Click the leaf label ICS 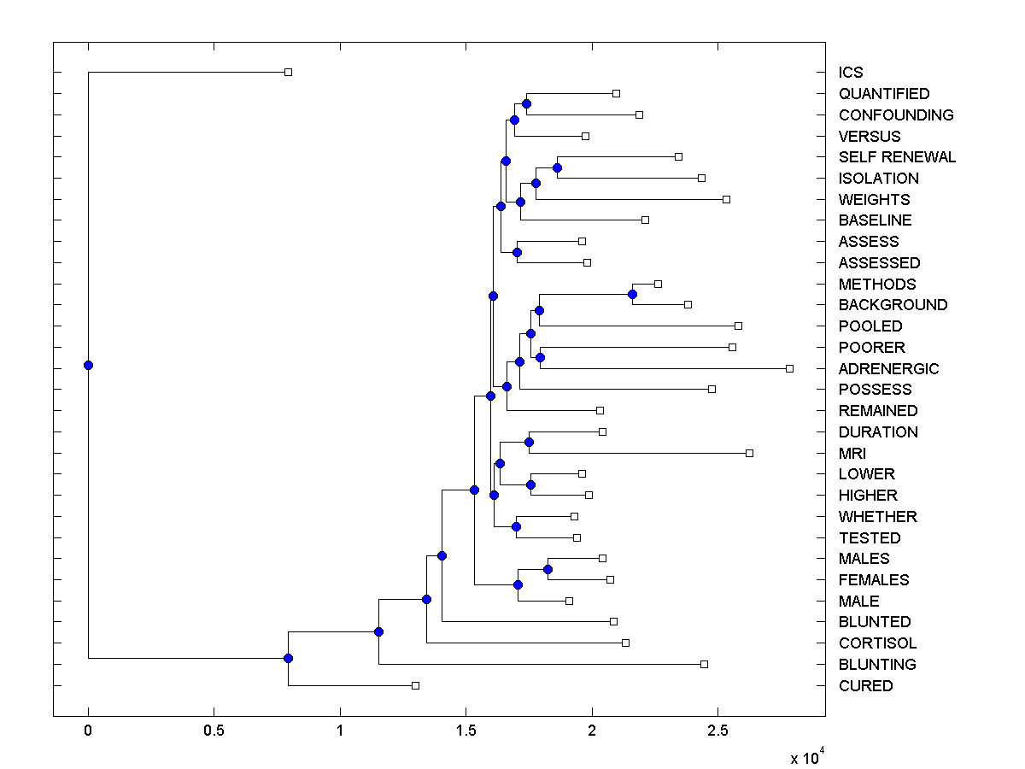(x=851, y=73)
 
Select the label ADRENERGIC (x=888, y=369)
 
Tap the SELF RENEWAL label (x=897, y=157)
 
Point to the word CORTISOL (x=877, y=643)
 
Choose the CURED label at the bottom (x=865, y=686)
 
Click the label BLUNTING (x=877, y=665)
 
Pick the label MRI (x=852, y=454)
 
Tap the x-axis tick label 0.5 (x=214, y=732)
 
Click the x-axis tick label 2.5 (x=717, y=732)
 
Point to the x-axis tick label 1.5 (x=466, y=732)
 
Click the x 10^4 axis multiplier (x=806, y=758)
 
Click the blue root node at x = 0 (x=88, y=365)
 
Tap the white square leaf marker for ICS (x=288, y=72)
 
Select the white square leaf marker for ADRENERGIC (x=789, y=368)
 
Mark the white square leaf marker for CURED (x=415, y=685)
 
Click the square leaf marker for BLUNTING (x=704, y=664)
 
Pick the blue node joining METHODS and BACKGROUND (x=632, y=294)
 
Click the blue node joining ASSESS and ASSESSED (x=517, y=252)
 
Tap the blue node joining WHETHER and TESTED (x=516, y=526)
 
